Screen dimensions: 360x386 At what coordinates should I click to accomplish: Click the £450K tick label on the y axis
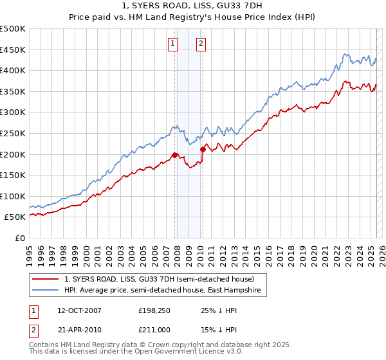pyautogui.click(x=13, y=50)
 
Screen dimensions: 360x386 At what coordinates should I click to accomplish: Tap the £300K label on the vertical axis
pyautogui.click(x=13, y=113)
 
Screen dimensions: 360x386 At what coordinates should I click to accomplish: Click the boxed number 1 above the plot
pyautogui.click(x=174, y=44)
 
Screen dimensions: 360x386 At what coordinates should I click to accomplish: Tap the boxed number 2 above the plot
pyautogui.click(x=201, y=44)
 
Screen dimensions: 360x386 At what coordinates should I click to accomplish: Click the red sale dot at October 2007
pyautogui.click(x=174, y=155)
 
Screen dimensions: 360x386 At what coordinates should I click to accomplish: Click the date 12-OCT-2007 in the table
pyautogui.click(x=79, y=310)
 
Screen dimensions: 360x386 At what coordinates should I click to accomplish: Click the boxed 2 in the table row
pyautogui.click(x=33, y=329)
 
